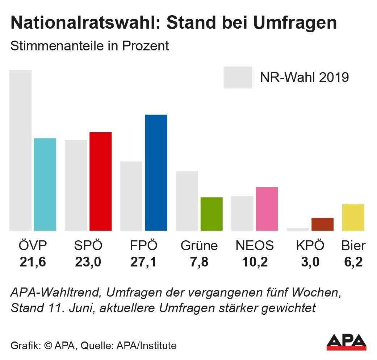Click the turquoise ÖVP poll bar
click(x=45, y=184)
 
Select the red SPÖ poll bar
click(x=100, y=181)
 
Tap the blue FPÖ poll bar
click(x=156, y=173)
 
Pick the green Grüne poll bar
click(x=211, y=214)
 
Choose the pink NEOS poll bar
click(x=267, y=209)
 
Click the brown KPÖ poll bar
click(x=322, y=224)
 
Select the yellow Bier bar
click(x=353, y=217)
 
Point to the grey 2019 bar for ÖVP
click(x=20, y=150)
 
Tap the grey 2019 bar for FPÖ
click(x=131, y=196)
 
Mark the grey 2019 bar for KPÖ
click(x=298, y=229)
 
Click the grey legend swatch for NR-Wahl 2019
click(x=238, y=77)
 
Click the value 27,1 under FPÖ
click(x=143, y=262)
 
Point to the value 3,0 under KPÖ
click(x=310, y=262)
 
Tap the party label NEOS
click(x=255, y=246)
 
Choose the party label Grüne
click(x=199, y=246)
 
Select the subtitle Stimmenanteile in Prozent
click(x=90, y=46)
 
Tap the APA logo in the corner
click(x=346, y=342)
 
